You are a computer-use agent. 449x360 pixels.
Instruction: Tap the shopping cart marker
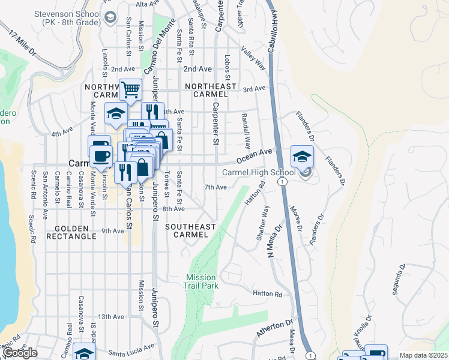click(x=130, y=90)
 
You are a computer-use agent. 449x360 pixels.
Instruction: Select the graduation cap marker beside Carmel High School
click(x=302, y=157)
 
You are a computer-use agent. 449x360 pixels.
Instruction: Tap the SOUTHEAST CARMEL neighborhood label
click(x=191, y=230)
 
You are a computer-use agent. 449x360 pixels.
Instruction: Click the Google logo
click(x=19, y=353)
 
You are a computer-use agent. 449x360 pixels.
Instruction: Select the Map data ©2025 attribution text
click(x=424, y=355)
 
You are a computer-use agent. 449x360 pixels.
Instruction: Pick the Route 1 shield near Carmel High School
click(x=282, y=181)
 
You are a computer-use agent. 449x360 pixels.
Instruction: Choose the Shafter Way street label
click(x=263, y=223)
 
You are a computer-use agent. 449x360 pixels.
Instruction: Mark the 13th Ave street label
click(x=110, y=316)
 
